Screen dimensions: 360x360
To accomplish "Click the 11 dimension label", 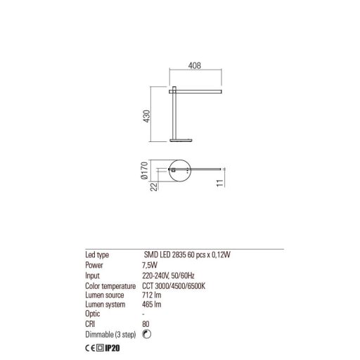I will (221, 185).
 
